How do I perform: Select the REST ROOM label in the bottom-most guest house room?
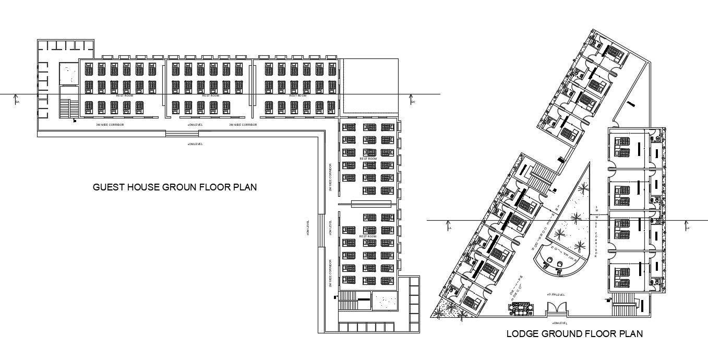(368, 236)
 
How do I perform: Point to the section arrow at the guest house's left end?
(17, 99)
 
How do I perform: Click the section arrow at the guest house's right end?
(412, 99)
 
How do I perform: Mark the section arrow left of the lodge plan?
(449, 226)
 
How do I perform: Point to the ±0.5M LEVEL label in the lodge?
(556, 295)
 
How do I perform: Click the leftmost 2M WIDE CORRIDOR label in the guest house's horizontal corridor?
(110, 125)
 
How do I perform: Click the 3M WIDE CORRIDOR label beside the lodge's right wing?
(595, 232)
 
